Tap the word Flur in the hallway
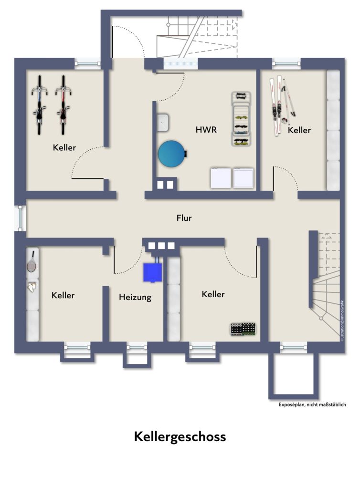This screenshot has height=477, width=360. (184, 218)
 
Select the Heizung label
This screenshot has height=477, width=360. (135, 297)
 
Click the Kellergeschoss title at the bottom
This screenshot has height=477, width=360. (180, 436)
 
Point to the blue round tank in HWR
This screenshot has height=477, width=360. (171, 154)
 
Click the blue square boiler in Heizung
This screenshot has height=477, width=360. (152, 272)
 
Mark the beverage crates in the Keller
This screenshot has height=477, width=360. (243, 329)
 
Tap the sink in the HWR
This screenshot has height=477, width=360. (164, 122)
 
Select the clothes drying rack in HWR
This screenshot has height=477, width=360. (241, 119)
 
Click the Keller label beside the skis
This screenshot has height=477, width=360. (299, 130)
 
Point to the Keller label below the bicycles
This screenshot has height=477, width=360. (64, 147)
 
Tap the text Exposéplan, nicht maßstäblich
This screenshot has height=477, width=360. (312, 404)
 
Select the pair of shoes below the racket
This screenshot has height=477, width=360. (32, 287)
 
